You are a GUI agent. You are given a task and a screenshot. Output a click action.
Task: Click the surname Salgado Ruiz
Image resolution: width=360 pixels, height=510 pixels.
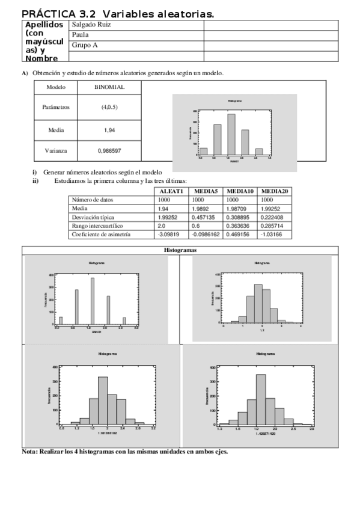point(91,25)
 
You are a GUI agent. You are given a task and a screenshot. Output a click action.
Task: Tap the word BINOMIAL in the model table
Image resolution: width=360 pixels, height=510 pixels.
point(109,87)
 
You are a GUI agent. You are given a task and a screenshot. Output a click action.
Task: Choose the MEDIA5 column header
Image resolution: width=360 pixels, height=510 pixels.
point(206,191)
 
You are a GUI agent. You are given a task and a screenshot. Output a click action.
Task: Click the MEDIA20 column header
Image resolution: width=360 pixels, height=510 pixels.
point(275,191)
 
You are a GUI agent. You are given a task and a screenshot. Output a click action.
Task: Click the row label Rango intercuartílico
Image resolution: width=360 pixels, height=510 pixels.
point(97,226)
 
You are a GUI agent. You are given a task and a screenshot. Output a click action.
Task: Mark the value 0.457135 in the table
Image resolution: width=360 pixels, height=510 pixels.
point(205,217)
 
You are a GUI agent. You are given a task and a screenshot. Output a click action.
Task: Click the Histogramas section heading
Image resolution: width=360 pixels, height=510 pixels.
point(180,250)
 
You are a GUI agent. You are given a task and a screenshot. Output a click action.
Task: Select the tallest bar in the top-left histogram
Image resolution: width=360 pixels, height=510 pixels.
point(93,300)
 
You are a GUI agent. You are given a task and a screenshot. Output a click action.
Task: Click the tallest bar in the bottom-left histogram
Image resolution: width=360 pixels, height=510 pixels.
point(102,399)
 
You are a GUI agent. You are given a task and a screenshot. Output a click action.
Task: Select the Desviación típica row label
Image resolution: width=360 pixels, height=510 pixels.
point(93,217)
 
